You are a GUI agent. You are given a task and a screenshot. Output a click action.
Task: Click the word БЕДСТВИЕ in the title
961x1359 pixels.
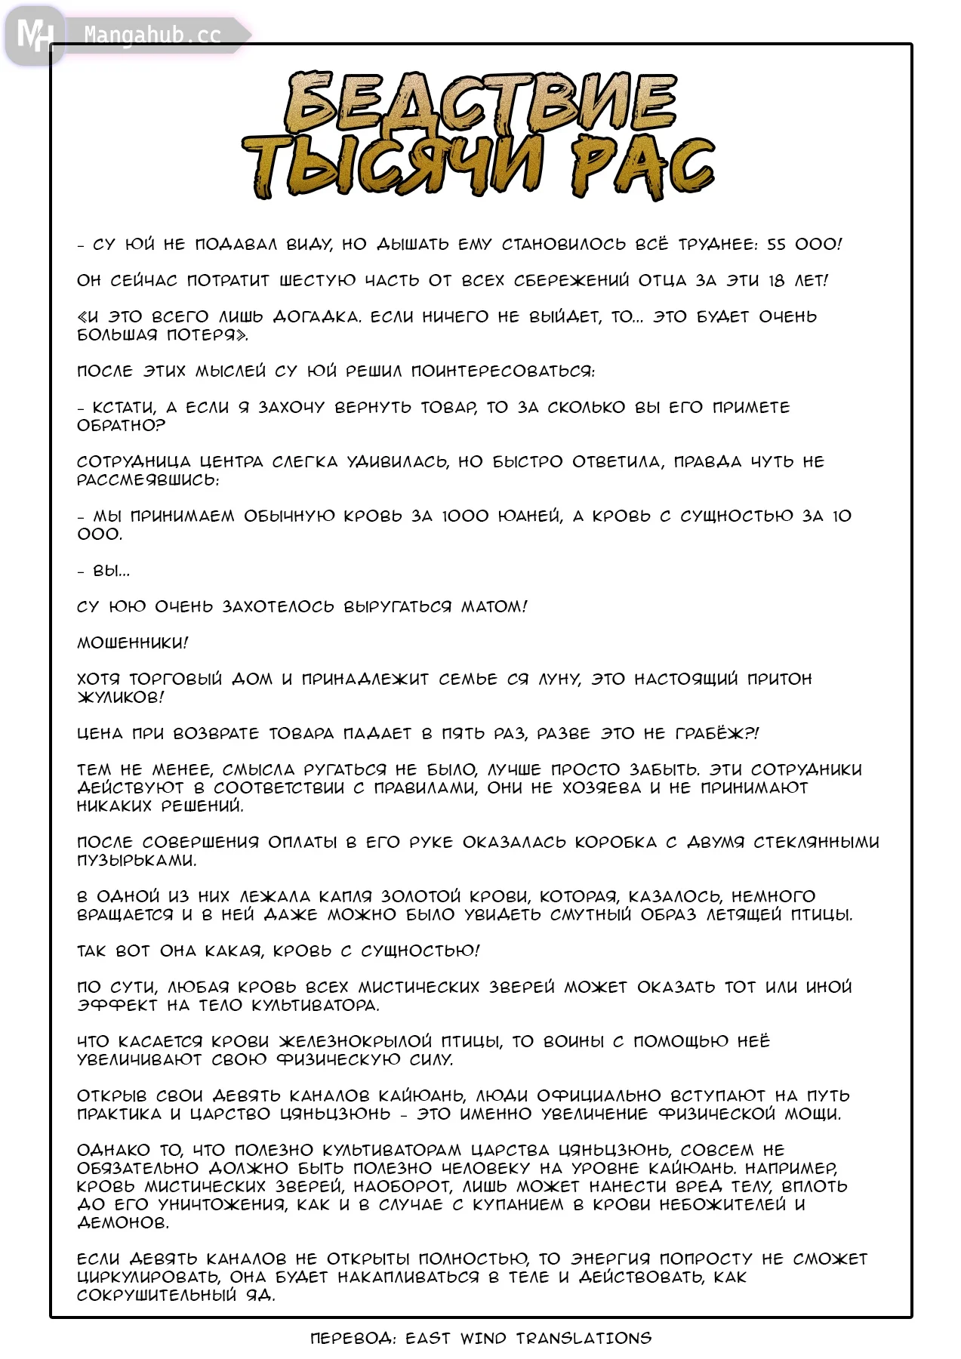pyautogui.click(x=481, y=103)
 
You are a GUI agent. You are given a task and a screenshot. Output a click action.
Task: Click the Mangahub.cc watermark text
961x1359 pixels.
pyautogui.click(x=152, y=35)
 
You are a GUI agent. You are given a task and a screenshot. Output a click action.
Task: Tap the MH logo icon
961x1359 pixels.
pyautogui.click(x=34, y=35)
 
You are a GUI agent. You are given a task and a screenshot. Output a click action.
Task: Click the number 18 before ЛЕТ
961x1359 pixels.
pyautogui.click(x=776, y=280)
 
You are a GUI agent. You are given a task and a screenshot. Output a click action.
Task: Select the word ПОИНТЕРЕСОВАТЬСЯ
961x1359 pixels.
pyautogui.click(x=503, y=371)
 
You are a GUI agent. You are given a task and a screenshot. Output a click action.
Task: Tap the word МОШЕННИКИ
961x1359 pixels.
pyautogui.click(x=132, y=643)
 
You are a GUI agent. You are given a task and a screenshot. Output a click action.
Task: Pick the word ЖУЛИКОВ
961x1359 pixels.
pyautogui.click(x=120, y=697)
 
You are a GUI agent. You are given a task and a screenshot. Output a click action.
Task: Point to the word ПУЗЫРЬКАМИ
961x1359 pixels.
pyautogui.click(x=137, y=860)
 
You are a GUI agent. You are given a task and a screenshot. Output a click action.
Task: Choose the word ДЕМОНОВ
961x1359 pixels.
pyautogui.click(x=123, y=1222)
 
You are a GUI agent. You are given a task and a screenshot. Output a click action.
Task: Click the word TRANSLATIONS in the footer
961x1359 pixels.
pyautogui.click(x=584, y=1339)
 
